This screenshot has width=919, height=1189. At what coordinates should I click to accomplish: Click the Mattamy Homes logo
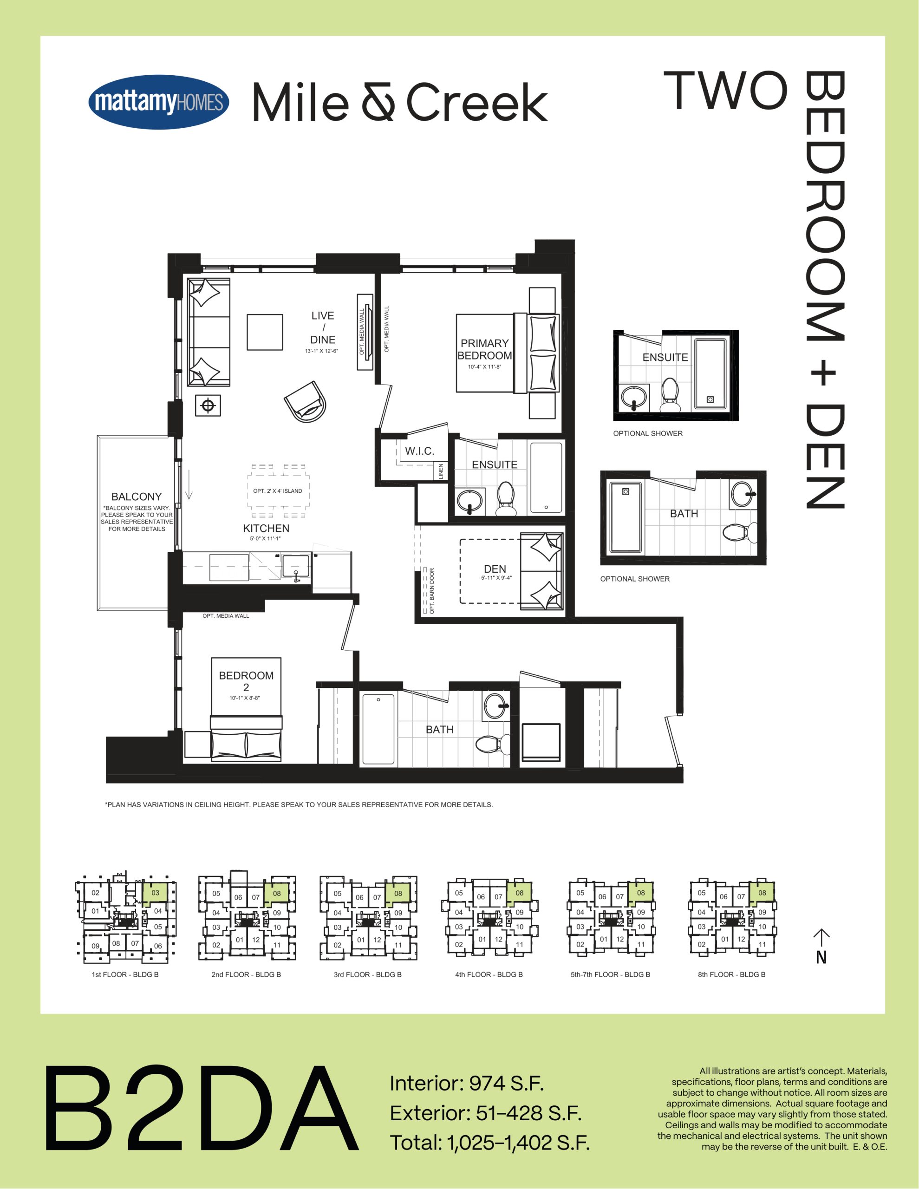click(x=158, y=102)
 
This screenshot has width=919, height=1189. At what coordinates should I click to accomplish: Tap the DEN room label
click(x=495, y=569)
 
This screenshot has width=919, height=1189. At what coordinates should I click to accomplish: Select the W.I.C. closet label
click(x=419, y=451)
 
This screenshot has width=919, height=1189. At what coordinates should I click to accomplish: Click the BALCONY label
click(x=136, y=497)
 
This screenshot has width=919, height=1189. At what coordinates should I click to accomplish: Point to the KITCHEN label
click(x=266, y=528)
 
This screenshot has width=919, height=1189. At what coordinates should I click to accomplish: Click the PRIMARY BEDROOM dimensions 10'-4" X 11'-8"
click(x=484, y=367)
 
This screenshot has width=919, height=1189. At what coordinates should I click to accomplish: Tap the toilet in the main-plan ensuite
click(x=506, y=499)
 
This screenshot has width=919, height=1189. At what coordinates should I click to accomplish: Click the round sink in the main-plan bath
click(x=496, y=706)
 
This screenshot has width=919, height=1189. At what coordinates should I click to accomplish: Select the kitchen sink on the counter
click(x=296, y=567)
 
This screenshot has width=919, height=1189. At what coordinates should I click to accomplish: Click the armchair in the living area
click(x=306, y=401)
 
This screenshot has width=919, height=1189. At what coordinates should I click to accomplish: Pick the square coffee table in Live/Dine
click(x=265, y=332)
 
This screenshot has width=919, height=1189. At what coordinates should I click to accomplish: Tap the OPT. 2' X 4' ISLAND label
click(x=278, y=491)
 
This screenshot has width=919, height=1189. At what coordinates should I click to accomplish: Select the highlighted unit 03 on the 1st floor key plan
click(x=155, y=893)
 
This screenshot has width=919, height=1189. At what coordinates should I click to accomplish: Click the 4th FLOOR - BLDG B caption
click(x=489, y=974)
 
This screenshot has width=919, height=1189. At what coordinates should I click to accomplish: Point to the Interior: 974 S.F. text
click(x=467, y=1084)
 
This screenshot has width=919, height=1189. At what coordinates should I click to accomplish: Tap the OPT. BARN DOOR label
click(x=432, y=591)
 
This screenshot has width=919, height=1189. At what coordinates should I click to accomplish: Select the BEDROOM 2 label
click(x=246, y=681)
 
